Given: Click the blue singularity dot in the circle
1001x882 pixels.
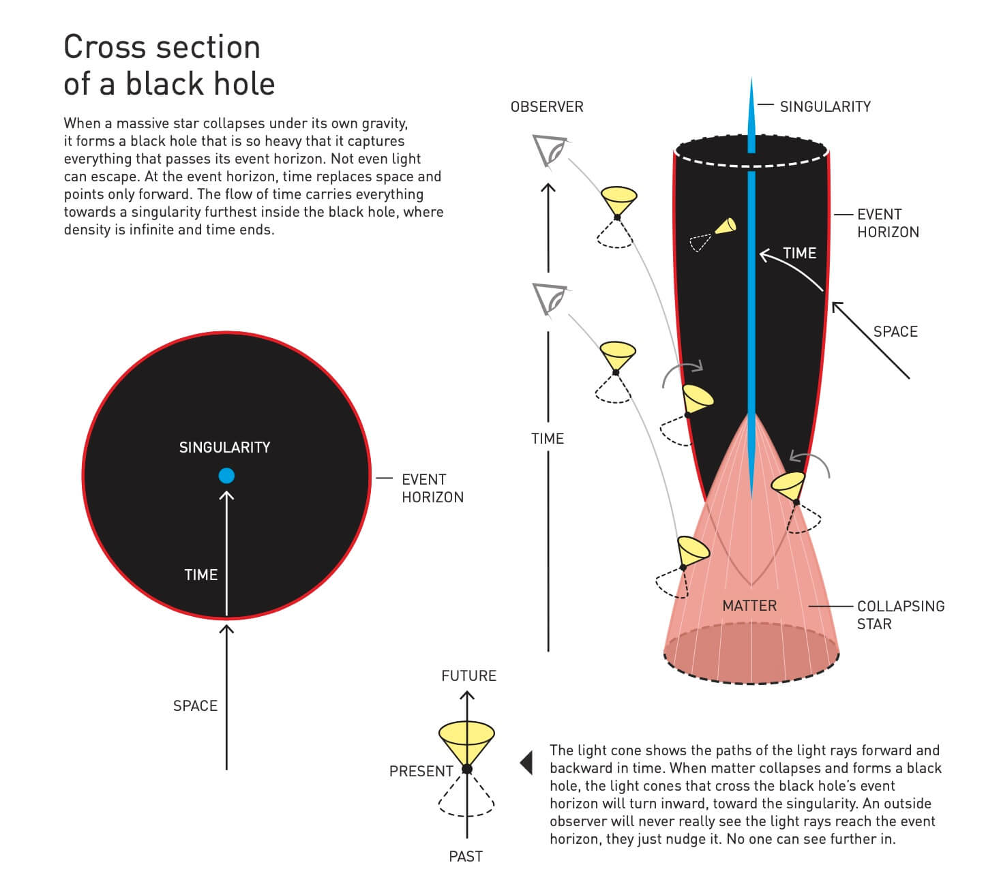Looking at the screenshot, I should (226, 476).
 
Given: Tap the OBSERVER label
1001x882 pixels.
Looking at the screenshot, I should (547, 107).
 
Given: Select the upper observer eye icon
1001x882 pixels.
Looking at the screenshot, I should (550, 150).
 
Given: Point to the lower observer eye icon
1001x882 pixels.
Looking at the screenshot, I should (550, 299).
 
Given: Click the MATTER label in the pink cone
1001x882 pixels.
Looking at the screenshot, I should (749, 606).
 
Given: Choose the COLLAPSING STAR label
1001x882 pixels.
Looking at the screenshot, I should (900, 615).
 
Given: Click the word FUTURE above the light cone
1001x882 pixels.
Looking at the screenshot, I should (468, 676).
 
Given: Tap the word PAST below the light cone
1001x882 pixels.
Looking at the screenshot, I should (466, 857).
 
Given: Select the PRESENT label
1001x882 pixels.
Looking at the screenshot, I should (421, 772).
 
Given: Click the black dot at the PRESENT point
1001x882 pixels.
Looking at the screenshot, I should (467, 770).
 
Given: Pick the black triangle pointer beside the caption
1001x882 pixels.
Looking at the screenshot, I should (526, 762).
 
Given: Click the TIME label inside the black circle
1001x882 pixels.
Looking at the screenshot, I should (200, 575).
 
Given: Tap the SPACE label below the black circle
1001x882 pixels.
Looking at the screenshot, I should (195, 706).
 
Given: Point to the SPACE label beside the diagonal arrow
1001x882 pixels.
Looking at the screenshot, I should (895, 332).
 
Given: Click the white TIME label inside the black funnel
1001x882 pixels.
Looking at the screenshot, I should (799, 254).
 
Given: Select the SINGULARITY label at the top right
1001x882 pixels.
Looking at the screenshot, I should (825, 107).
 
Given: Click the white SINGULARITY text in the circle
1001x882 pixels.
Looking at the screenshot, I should (224, 448).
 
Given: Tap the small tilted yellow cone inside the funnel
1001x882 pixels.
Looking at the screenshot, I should (726, 226).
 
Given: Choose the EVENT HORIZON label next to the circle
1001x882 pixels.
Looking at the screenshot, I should (432, 489).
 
